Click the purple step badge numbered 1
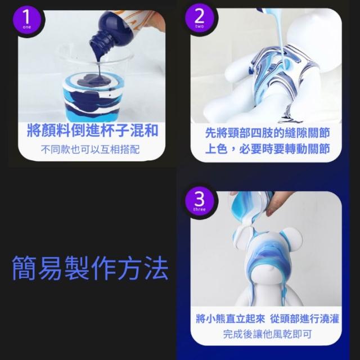coord(27,20)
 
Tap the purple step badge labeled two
coord(199,19)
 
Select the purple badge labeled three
coord(199,201)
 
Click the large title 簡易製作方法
coord(90,268)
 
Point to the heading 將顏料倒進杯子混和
coord(92,130)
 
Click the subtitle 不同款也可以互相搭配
coord(90,150)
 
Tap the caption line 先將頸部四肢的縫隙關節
coord(268,133)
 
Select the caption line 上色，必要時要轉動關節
coord(268,148)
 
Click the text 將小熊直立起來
coord(230,319)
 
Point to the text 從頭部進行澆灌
coord(305,319)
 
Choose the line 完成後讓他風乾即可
coord(268,334)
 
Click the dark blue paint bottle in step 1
coord(115,30)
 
